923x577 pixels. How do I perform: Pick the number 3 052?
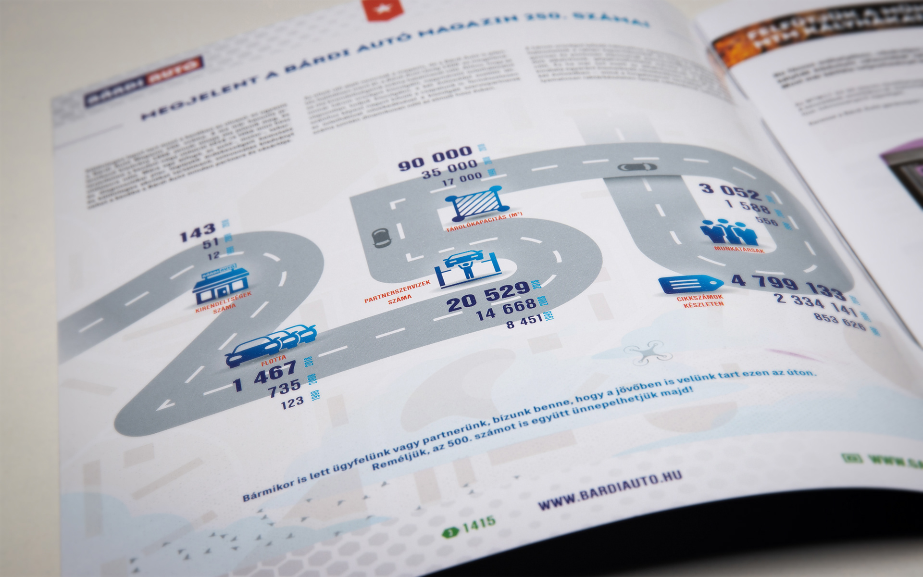(x=731, y=191)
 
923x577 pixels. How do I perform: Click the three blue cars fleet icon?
(x=272, y=344)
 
